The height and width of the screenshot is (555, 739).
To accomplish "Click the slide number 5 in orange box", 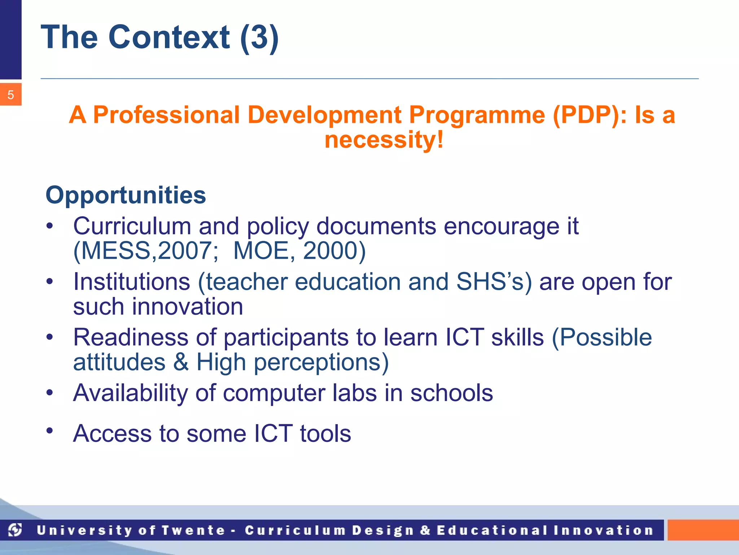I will pos(10,95).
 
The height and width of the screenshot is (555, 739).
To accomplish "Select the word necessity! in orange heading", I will pos(384,140).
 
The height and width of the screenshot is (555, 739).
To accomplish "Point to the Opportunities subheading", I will pos(126,195).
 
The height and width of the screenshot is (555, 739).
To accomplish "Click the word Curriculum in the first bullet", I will pos(132,226).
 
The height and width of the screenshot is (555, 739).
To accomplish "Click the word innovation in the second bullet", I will pos(188,306).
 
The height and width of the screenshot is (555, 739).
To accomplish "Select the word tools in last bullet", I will pos(325,433).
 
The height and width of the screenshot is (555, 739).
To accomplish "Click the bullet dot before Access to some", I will pos(50,430).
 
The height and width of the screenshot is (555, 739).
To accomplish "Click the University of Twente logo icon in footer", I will pos(15,530).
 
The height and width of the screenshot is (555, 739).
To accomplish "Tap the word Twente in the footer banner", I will pos(193,530).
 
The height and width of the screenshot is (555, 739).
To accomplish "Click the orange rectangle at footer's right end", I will pos(703,530).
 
